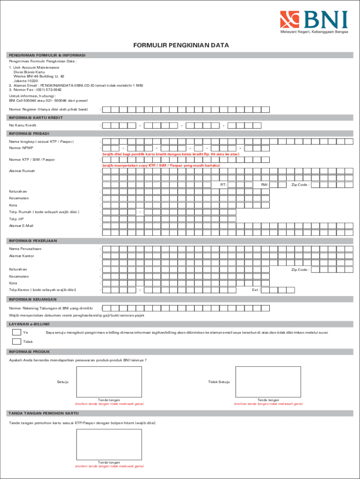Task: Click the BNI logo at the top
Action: [x=314, y=22]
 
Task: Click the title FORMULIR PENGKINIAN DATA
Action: [x=180, y=46]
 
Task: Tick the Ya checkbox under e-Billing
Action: [x=16, y=333]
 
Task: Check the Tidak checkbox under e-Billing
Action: [x=16, y=341]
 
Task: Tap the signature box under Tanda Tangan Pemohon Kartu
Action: [x=109, y=444]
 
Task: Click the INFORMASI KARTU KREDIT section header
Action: [x=36, y=117]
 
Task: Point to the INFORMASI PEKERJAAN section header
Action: [x=33, y=240]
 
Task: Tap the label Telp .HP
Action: [x=16, y=219]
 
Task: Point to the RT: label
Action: [x=223, y=185]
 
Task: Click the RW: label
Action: [x=264, y=185]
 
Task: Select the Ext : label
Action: [x=256, y=290]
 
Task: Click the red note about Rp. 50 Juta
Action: [x=171, y=154]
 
